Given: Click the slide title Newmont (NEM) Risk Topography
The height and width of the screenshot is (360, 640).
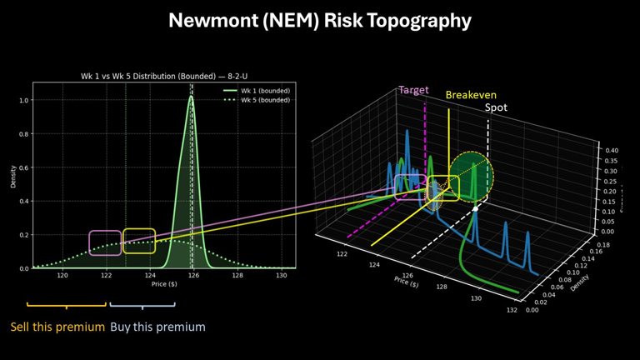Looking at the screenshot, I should pos(320,21).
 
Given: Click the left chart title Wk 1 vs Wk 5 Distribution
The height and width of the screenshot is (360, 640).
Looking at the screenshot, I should pos(163,77).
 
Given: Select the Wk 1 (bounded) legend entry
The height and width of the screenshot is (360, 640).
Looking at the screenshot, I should pos(258,91).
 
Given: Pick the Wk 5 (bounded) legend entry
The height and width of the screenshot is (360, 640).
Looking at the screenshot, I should pos(258,100).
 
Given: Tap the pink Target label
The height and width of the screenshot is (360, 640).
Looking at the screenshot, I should pos(414,90).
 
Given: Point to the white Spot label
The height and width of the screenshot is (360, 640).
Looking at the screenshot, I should pos(497,107).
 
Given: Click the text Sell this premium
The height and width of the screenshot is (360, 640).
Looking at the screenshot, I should pos(57,327).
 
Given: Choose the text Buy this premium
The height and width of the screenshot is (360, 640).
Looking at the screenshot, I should pos(157,327).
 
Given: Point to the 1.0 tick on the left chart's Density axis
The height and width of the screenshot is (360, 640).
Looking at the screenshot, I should pos(23,100).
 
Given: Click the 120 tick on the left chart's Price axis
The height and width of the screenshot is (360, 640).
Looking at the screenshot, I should pos(62,276).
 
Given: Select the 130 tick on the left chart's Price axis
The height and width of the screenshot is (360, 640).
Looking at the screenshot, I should pos(281,276).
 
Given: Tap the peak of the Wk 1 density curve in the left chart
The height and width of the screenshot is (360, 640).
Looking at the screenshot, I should pos(191,97).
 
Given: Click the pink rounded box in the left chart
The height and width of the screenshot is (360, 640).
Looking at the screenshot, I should pos(105,242).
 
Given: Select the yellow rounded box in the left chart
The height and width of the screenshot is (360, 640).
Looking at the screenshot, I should pos(139,241).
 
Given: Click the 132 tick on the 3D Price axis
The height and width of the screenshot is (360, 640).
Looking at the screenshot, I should pos(512,311).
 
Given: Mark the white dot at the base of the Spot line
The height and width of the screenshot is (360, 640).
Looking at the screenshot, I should pos(475,209).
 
